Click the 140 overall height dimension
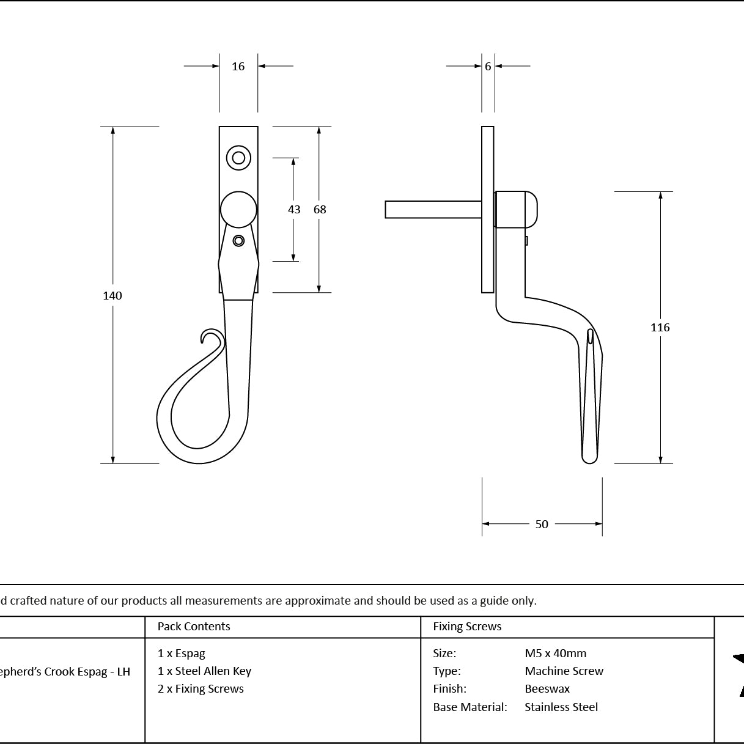[x=112, y=296]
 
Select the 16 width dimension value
[x=238, y=67]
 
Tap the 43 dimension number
[x=294, y=210]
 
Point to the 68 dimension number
[x=320, y=210]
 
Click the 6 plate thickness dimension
[x=488, y=67]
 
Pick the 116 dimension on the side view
[x=660, y=328]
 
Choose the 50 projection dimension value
[x=542, y=525]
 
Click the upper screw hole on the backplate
[x=238, y=158]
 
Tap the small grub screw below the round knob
[x=238, y=241]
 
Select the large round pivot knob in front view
[x=238, y=210]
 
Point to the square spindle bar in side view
[x=433, y=210]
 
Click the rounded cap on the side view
[x=531, y=210]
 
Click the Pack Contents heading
[x=194, y=626]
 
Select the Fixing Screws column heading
[x=467, y=626]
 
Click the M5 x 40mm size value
[x=556, y=654]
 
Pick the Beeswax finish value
[x=547, y=689]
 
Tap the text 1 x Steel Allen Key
[x=205, y=671]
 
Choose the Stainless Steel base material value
[x=561, y=707]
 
